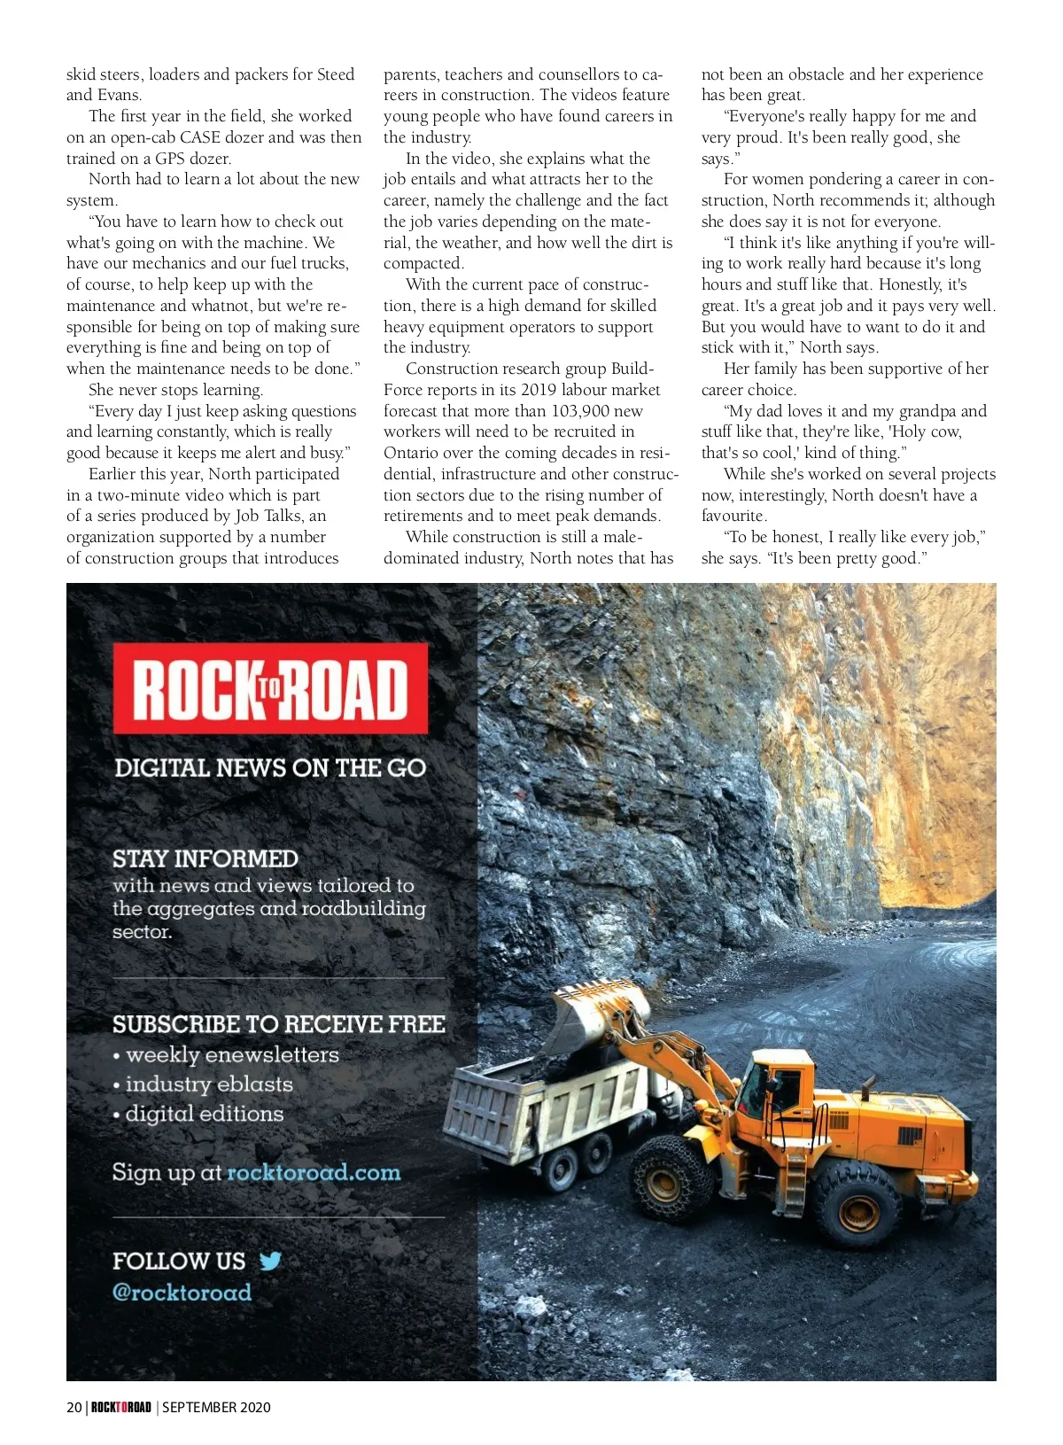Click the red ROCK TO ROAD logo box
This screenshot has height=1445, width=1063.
tap(270, 688)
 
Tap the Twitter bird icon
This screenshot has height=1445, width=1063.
tap(270, 1260)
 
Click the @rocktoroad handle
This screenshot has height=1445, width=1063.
tap(182, 1292)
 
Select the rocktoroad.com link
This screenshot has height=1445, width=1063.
tap(314, 1172)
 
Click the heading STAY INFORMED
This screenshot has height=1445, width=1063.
tap(205, 858)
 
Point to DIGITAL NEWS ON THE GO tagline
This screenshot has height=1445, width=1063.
tap(270, 767)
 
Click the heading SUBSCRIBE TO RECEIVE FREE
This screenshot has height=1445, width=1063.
tap(278, 1024)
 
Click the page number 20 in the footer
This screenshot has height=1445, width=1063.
tap(74, 1407)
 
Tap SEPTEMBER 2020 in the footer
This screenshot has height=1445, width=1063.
tap(216, 1407)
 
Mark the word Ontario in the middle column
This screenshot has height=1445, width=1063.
tap(412, 453)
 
